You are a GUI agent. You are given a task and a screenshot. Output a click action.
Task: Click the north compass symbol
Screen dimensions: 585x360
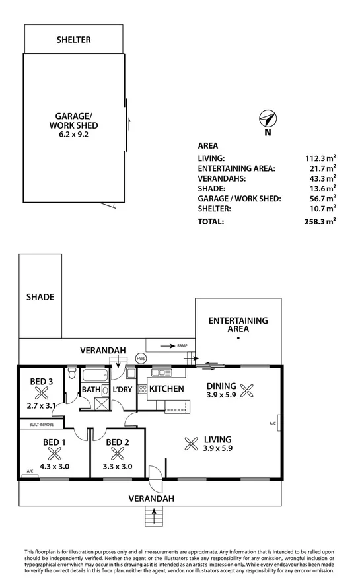[x=267, y=119]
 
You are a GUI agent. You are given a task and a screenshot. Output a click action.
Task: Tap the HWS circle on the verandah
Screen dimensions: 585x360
[x=141, y=359]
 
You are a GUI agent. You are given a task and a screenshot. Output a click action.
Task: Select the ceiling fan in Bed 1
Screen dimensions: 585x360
[x=55, y=453]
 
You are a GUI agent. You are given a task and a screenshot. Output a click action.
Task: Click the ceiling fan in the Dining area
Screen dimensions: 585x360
[x=248, y=390]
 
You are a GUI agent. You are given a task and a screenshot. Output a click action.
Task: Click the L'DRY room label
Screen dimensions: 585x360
[x=123, y=390]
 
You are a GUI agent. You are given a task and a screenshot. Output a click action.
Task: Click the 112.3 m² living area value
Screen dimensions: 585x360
[x=322, y=158]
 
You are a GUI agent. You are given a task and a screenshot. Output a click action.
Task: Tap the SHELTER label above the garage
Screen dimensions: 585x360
[x=73, y=40]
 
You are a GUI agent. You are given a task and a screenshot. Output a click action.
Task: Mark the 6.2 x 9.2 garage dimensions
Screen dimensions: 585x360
[x=74, y=134]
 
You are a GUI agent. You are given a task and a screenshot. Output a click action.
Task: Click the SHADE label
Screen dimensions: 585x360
[x=40, y=297]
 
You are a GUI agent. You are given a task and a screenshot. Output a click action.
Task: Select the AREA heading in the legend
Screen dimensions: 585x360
[x=208, y=145]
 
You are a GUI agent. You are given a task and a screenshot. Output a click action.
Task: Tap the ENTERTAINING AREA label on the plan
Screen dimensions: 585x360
[x=238, y=324]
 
